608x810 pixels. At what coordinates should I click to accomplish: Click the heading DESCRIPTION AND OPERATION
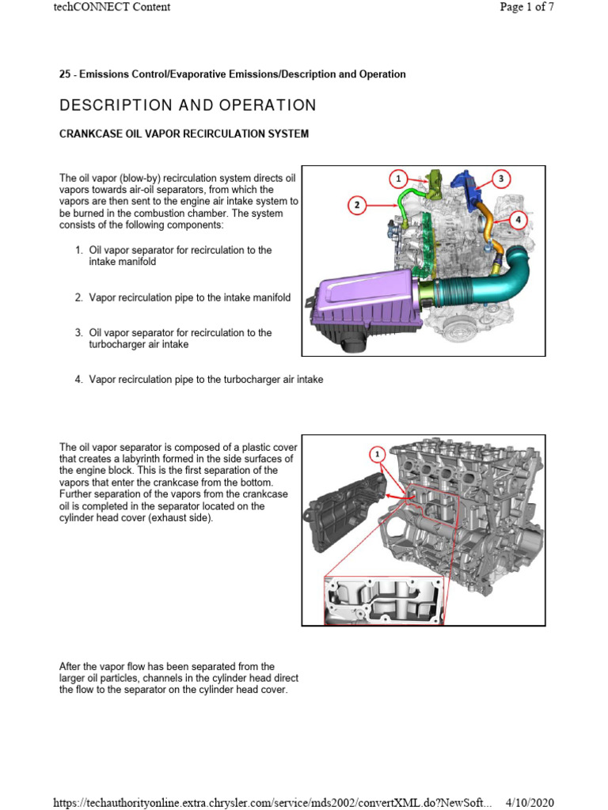click(188, 105)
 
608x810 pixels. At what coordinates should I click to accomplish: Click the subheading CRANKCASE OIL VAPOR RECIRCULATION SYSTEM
click(184, 134)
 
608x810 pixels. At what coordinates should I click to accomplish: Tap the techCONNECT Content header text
click(112, 7)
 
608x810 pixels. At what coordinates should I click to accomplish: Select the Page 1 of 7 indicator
click(526, 7)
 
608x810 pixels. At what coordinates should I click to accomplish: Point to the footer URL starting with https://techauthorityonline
click(272, 803)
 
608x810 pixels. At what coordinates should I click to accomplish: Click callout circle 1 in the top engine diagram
click(400, 179)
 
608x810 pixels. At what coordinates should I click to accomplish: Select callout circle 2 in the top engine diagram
click(358, 206)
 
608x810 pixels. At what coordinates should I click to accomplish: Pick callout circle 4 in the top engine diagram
click(517, 219)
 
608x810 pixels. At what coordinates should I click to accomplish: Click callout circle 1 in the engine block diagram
click(378, 454)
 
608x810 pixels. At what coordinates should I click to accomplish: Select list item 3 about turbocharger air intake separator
click(180, 339)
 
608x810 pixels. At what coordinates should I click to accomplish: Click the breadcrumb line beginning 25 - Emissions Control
click(232, 74)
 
